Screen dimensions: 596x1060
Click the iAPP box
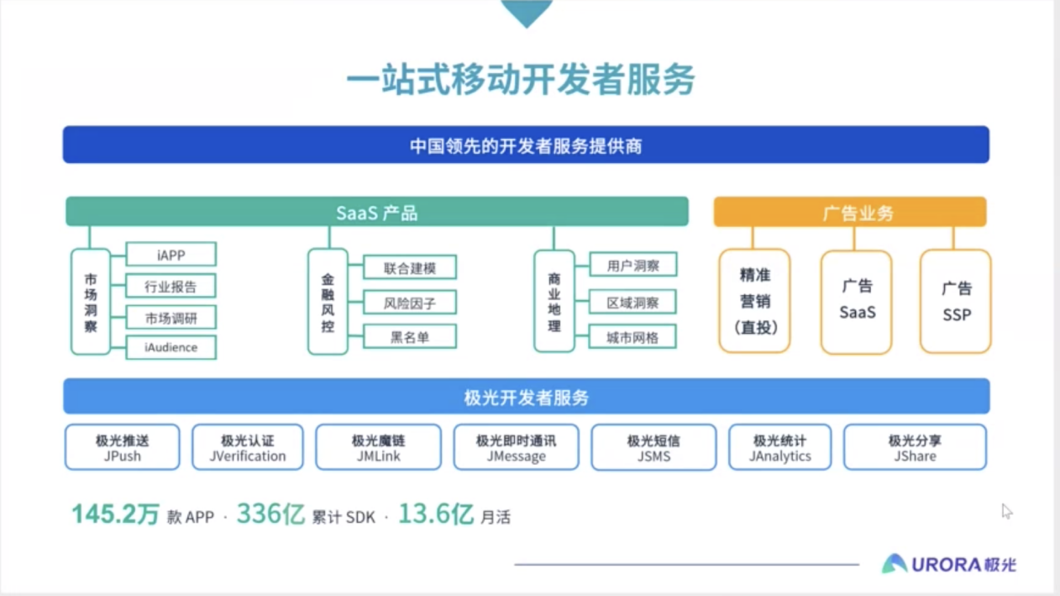[171, 254]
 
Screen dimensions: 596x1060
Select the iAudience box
[171, 347]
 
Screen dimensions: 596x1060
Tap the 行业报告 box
[171, 286]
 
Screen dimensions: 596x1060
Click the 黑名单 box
[409, 337]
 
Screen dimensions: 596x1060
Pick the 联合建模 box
[409, 268]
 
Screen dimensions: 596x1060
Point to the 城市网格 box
[632, 337]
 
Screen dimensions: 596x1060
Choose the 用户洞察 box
[632, 266]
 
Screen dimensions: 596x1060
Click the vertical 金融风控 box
[328, 302]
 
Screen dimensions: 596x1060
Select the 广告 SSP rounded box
[956, 301]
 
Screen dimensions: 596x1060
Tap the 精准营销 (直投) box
[754, 301]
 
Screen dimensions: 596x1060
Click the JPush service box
[122, 447]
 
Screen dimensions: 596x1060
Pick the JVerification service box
[248, 447]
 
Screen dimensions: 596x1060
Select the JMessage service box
[516, 447]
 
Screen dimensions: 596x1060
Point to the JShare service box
[915, 447]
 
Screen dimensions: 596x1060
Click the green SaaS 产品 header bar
[376, 212]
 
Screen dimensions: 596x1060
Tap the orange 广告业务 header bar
[849, 213]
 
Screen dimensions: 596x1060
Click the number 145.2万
[115, 514]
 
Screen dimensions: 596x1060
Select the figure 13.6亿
[435, 514]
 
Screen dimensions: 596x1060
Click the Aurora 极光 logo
[948, 564]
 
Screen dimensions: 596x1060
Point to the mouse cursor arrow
[1006, 510]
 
